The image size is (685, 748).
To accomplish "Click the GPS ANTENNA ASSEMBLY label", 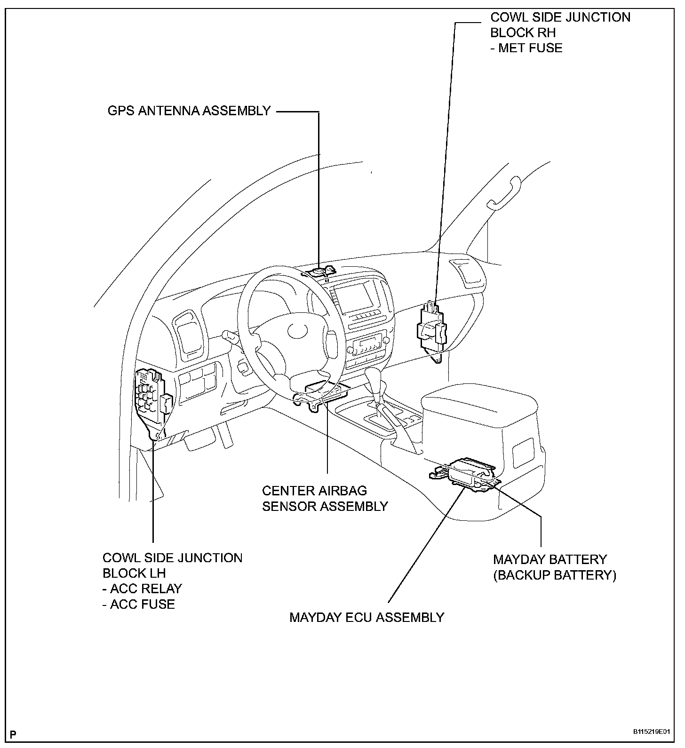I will click(x=189, y=111).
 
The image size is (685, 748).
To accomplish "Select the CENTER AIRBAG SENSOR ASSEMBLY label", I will click(x=325, y=498).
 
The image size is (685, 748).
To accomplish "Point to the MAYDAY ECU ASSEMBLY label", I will click(x=366, y=617).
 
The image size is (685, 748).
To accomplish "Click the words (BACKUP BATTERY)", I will click(x=554, y=575).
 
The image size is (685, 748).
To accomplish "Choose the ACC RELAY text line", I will click(x=142, y=589).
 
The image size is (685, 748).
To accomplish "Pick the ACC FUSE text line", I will click(x=139, y=604).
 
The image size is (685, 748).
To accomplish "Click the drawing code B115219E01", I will click(x=651, y=732).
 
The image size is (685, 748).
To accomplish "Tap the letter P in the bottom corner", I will click(x=13, y=734).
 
